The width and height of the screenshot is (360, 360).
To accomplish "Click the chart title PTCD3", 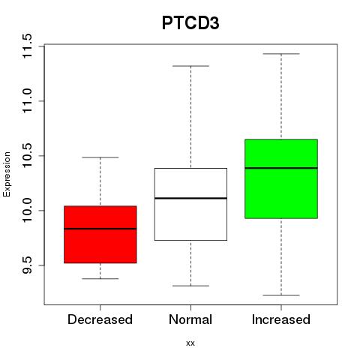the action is [190, 23].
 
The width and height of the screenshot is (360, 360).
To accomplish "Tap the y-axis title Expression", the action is [7, 175].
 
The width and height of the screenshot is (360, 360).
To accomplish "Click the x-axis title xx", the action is [190, 343].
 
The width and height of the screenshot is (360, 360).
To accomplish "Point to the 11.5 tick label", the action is [26, 46].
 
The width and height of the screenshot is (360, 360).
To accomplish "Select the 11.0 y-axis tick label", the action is [26, 101].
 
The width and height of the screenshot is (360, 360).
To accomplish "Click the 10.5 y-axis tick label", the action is [26, 156].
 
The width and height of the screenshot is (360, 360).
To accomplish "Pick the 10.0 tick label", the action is [26, 211].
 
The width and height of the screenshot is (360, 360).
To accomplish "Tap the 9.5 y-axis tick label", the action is [26, 265].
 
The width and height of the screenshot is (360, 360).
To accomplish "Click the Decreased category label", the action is [100, 319].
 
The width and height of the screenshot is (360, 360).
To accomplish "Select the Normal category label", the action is [190, 319].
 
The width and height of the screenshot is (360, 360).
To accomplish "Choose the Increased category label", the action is [281, 319].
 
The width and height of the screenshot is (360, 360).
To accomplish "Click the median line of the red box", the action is [100, 229].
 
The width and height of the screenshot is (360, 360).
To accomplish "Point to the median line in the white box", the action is [190, 198].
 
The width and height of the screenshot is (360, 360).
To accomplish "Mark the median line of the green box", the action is [281, 168].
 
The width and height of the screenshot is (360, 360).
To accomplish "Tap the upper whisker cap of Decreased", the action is [100, 157].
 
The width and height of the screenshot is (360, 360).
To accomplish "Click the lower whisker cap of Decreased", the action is [100, 278].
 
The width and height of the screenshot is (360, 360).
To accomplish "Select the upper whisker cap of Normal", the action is [190, 66].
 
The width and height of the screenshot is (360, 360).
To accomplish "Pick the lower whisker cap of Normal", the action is [190, 286].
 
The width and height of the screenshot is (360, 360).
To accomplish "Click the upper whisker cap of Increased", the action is [281, 54].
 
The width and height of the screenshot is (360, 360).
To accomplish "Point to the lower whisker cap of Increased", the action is [281, 295].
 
